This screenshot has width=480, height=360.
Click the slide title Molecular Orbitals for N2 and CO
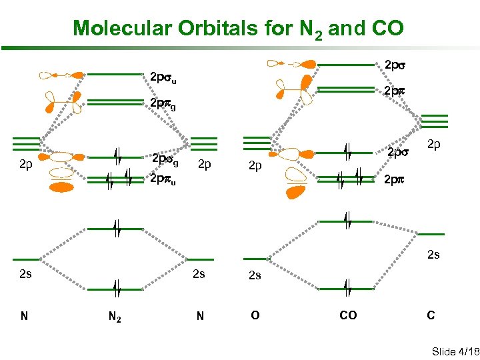click(x=238, y=29)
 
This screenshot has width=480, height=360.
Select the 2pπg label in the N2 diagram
click(x=163, y=104)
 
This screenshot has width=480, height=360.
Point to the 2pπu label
click(x=163, y=179)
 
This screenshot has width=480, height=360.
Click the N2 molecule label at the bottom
click(x=115, y=316)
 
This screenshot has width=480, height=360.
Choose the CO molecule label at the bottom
click(x=348, y=315)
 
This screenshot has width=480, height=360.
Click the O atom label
click(x=255, y=315)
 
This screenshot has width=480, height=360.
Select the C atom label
click(x=431, y=315)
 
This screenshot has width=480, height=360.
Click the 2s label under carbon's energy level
click(x=433, y=254)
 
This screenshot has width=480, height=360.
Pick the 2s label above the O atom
click(x=255, y=275)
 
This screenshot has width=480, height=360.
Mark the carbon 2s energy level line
click(x=431, y=234)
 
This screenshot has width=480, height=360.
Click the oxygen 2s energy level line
click(x=255, y=259)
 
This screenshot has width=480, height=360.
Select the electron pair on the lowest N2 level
click(x=116, y=289)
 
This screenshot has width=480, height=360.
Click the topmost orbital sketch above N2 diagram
click(x=61, y=75)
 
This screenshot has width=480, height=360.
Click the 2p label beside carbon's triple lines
click(x=433, y=144)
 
